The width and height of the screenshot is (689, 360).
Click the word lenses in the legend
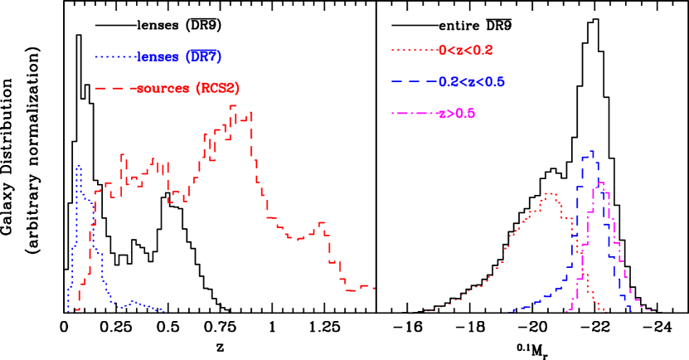[159, 56]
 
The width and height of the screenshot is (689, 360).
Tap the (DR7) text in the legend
[203, 56]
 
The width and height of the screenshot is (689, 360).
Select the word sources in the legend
[163, 88]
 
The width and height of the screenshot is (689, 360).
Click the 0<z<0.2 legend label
[465, 50]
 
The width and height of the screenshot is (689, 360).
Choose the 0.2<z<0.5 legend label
[471, 82]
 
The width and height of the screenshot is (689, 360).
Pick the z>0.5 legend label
[456, 114]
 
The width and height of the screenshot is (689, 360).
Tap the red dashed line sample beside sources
[114, 88]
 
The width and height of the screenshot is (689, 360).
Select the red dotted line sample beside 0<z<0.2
[414, 50]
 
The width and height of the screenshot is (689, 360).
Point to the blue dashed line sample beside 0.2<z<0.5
[414, 82]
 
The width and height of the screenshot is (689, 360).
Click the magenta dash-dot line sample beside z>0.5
[414, 114]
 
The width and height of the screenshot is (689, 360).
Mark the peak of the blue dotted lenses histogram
[79, 167]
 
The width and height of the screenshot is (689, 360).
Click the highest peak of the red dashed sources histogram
[234, 106]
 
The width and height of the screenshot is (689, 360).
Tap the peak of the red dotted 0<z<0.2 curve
[549, 193]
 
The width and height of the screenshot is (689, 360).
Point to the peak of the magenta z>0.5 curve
[599, 183]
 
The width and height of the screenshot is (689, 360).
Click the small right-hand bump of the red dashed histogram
[321, 222]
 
